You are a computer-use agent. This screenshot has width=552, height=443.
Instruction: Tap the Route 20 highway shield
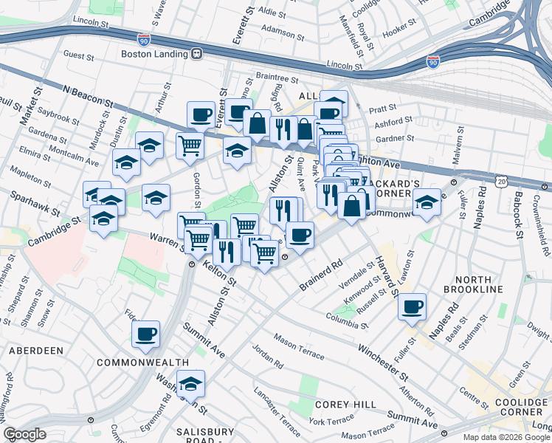[x=503, y=181]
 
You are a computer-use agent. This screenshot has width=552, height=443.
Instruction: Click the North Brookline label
[x=489, y=284]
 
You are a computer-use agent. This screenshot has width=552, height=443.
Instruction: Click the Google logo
[x=25, y=434]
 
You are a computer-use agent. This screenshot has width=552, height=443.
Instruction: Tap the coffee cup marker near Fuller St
[x=412, y=306]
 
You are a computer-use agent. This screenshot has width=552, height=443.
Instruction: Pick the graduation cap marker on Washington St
[x=190, y=383]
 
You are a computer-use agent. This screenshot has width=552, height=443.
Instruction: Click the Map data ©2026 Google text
[x=506, y=436]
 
